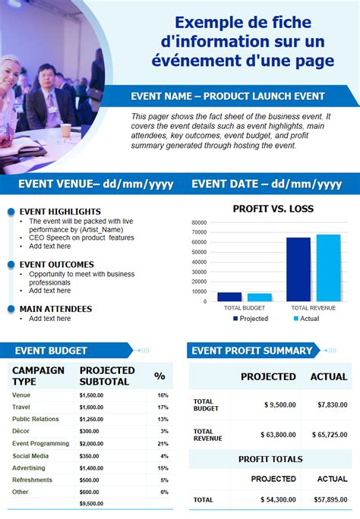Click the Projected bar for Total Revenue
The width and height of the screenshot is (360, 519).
(x=298, y=269)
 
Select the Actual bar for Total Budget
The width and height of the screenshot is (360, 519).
(x=259, y=297)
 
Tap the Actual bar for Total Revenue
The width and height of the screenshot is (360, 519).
(x=328, y=268)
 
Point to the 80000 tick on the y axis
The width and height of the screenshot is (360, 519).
(x=199, y=222)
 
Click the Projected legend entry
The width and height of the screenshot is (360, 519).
(x=251, y=319)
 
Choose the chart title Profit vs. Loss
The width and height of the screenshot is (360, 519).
(x=273, y=209)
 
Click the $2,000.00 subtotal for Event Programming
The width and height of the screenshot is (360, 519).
(x=91, y=444)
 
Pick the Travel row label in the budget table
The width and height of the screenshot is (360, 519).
(x=21, y=407)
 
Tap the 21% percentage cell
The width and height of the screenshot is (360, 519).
(x=163, y=444)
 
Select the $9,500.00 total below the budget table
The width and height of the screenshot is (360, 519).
(x=91, y=503)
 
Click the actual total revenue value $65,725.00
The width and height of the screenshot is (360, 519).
(x=330, y=435)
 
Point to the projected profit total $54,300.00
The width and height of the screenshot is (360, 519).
(x=278, y=499)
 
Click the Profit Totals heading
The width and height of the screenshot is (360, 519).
(x=270, y=459)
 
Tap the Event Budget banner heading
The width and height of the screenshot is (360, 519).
(x=51, y=351)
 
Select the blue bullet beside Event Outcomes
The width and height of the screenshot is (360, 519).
(x=11, y=264)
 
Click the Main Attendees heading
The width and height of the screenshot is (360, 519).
(x=55, y=309)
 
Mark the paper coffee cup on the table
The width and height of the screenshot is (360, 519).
(x=65, y=130)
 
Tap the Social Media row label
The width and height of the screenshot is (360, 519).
(x=30, y=456)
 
